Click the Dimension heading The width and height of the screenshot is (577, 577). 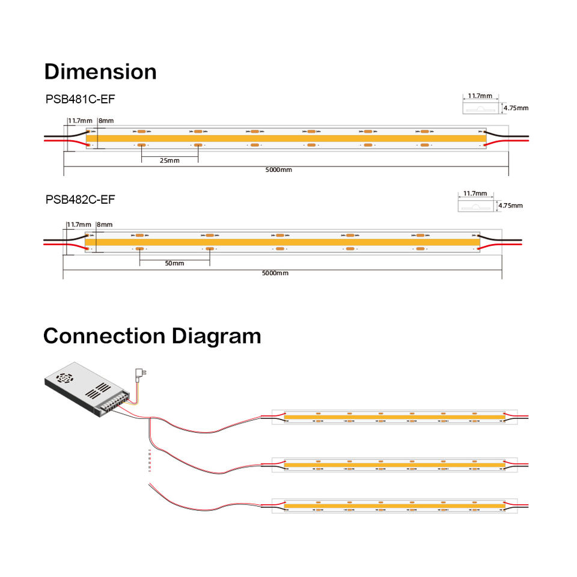pyautogui.click(x=100, y=72)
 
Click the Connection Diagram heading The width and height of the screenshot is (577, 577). pyautogui.click(x=152, y=335)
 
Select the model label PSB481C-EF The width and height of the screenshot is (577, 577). pyautogui.click(x=80, y=99)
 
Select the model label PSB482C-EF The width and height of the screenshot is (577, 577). pyautogui.click(x=80, y=199)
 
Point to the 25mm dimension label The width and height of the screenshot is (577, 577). pyautogui.click(x=169, y=160)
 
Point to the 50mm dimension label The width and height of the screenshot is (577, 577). pyautogui.click(x=174, y=263)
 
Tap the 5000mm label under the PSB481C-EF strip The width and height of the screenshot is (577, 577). pyautogui.click(x=279, y=170)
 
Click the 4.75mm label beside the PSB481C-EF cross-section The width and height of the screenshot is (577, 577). pyautogui.click(x=516, y=108)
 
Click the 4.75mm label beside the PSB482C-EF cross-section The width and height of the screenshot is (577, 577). pyautogui.click(x=510, y=206)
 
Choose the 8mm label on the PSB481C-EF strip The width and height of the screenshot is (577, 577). pyautogui.click(x=106, y=121)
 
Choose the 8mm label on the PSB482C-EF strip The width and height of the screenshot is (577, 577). pyautogui.click(x=104, y=225)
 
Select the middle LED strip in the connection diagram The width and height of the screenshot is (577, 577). pyautogui.click(x=394, y=464)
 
